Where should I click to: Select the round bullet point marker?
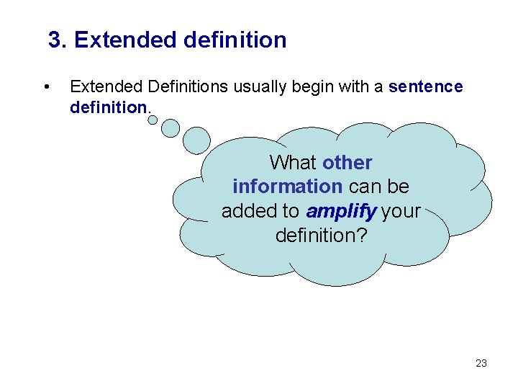46,87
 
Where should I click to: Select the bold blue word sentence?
425,87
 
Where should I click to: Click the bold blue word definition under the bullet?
108,107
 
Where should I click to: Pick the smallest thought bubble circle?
153,120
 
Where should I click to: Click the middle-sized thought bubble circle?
171,128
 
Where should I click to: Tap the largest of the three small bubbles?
196,140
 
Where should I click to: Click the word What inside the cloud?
294,163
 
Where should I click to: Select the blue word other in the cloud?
347,163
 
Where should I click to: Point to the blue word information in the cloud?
287,187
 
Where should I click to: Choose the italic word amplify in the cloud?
341,211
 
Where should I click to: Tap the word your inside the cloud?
401,211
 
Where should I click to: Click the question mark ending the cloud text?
360,236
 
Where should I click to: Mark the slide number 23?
481,363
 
